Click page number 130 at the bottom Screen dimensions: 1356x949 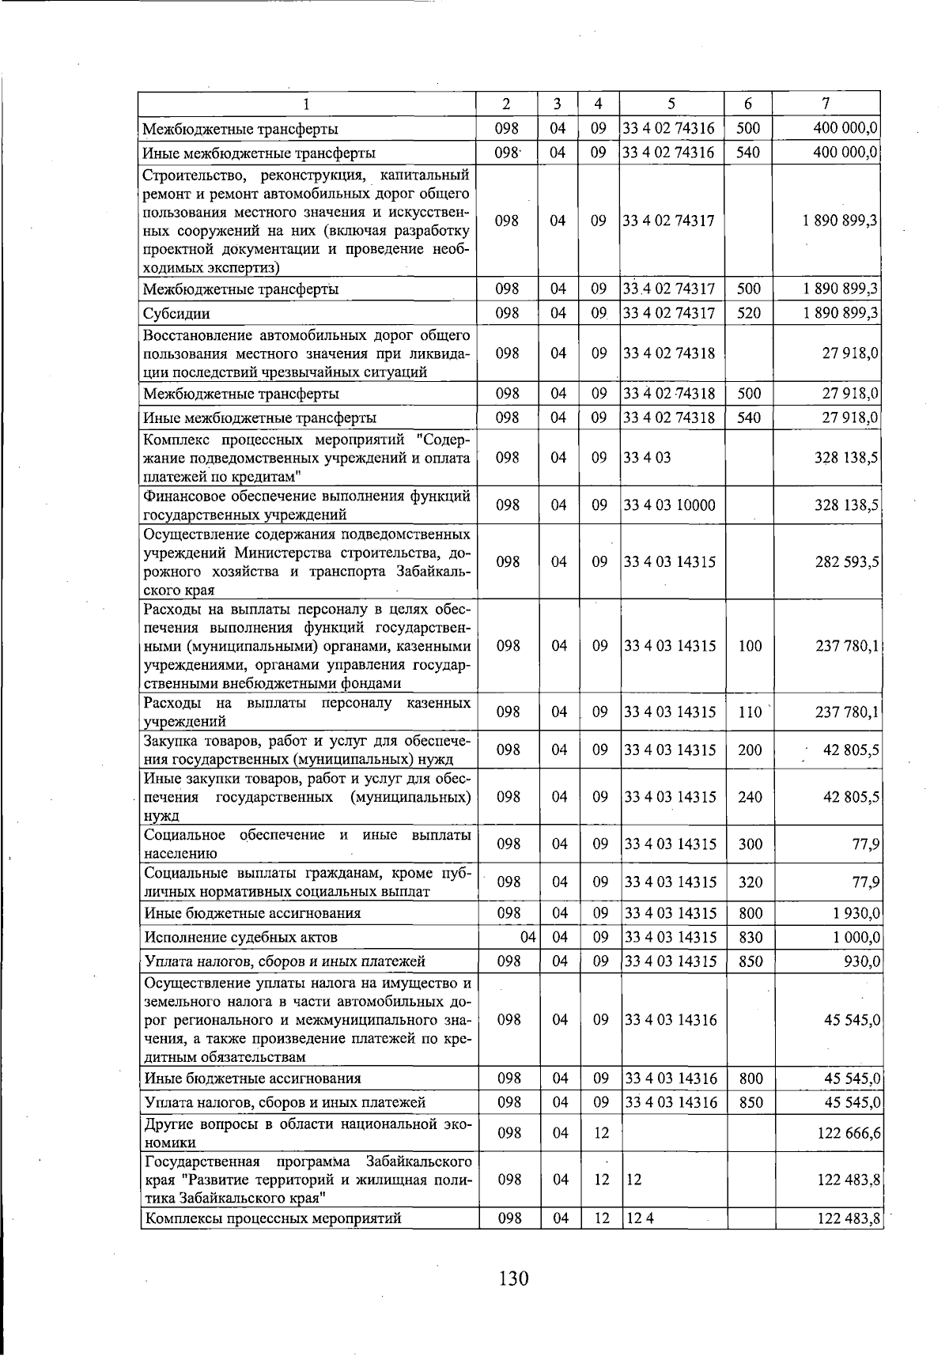(x=513, y=1279)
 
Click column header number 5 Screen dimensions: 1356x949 (x=671, y=104)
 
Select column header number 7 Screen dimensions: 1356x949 (x=826, y=104)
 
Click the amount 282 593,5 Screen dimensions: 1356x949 (x=848, y=562)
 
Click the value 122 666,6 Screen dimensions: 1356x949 (x=849, y=1133)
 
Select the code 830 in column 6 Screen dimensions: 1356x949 (x=749, y=938)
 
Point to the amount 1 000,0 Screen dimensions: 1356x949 (x=856, y=938)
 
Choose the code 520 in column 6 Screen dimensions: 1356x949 (x=748, y=314)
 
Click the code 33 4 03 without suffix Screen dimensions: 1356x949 (x=647, y=458)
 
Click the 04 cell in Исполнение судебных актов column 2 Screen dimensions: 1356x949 (x=528, y=938)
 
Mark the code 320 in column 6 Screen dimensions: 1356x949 (x=749, y=882)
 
